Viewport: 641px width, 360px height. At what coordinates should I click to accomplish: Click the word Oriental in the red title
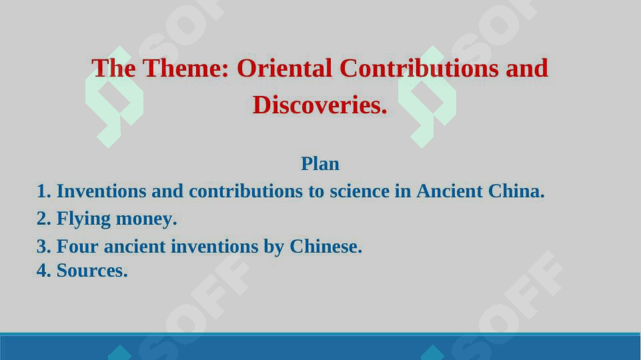point(285,68)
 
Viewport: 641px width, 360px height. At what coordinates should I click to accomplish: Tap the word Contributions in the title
point(419,68)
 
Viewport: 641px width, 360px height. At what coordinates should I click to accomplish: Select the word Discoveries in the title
point(320,105)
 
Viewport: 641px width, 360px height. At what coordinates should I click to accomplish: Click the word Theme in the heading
point(185,68)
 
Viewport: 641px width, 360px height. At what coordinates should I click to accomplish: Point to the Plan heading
point(320,164)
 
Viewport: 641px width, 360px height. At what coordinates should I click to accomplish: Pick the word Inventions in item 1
point(101,191)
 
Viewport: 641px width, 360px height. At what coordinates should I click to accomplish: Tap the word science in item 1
point(360,191)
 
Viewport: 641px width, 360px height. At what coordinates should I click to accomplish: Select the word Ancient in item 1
point(450,191)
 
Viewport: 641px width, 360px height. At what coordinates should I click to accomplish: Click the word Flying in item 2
point(83,219)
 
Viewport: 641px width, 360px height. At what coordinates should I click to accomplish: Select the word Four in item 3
point(77,247)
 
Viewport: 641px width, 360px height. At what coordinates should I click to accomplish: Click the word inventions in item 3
point(214,247)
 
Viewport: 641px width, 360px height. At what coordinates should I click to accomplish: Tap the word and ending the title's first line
point(527,68)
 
